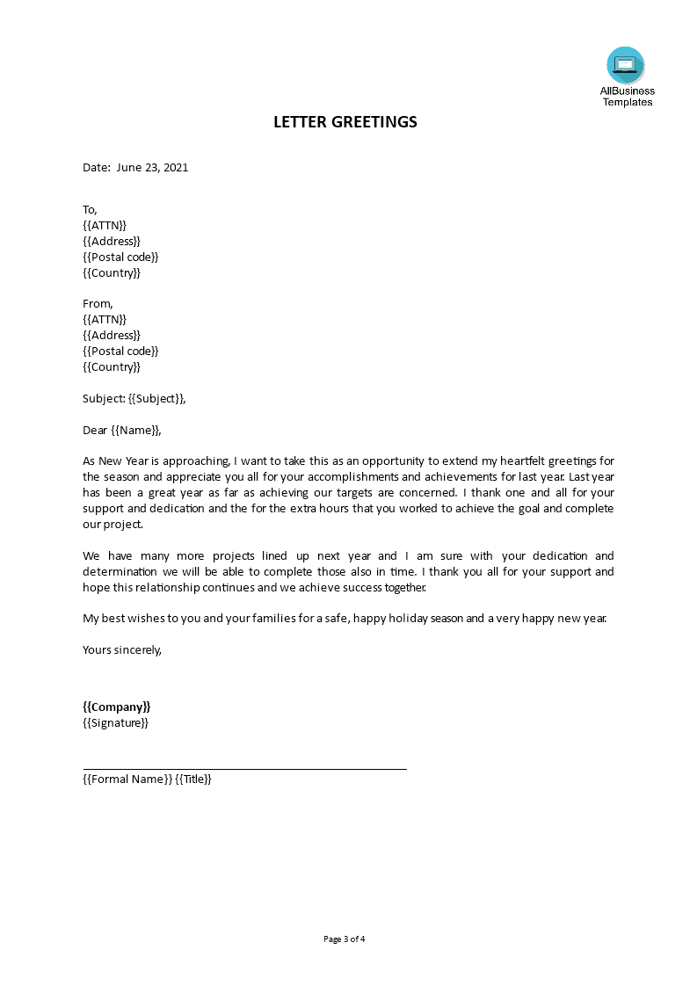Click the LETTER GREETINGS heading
[x=345, y=122]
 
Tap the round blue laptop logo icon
[x=625, y=65]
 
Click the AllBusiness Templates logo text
[x=627, y=97]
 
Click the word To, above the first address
[x=90, y=209]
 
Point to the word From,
[x=98, y=304]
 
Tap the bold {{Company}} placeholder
[x=117, y=707]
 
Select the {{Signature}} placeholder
[x=115, y=722]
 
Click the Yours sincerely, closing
[x=122, y=650]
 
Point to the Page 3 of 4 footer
[x=345, y=939]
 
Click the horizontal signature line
[x=244, y=769]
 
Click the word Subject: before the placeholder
[x=104, y=399]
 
